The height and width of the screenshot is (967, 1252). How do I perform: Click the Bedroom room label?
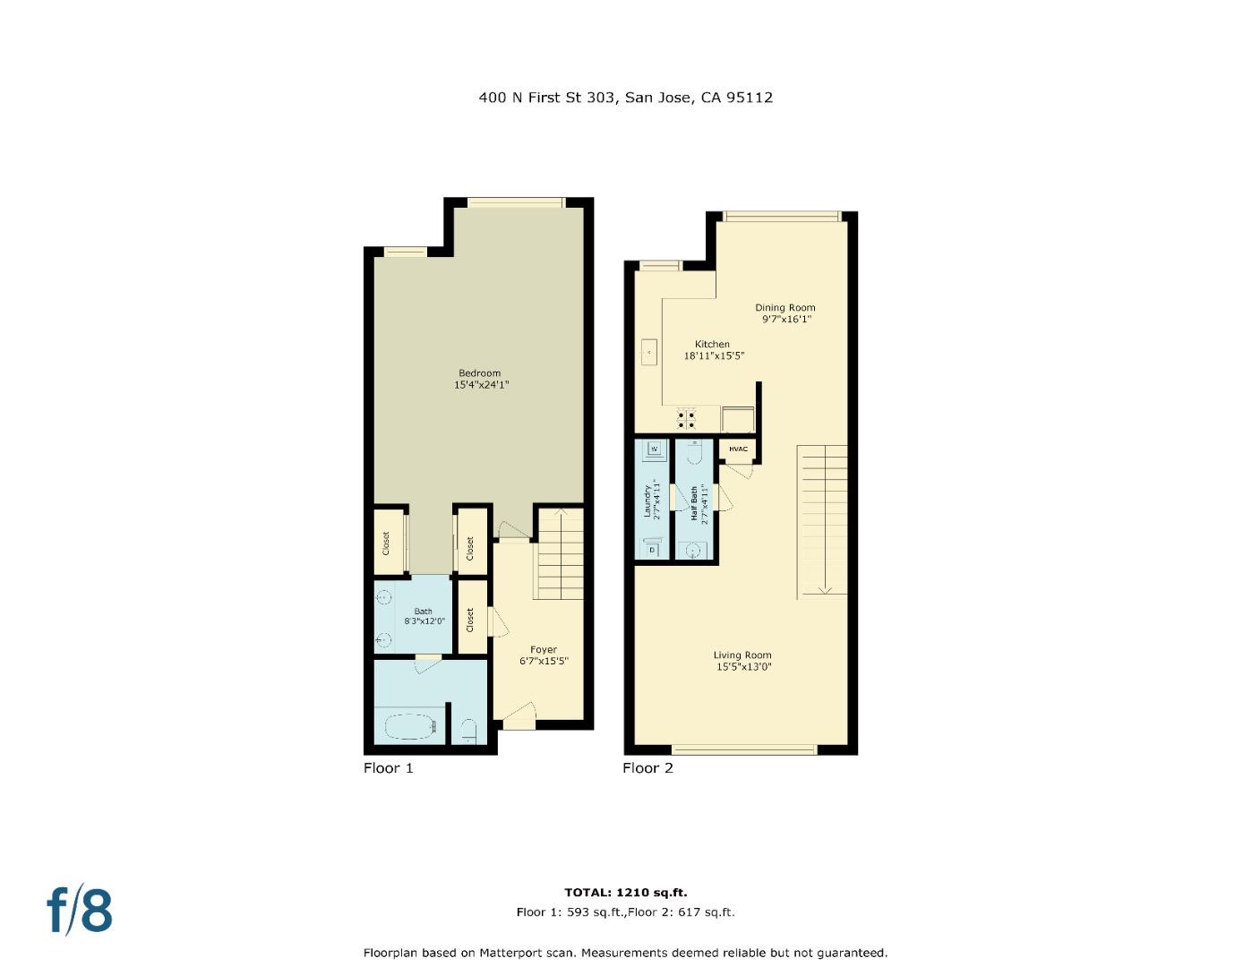(x=479, y=373)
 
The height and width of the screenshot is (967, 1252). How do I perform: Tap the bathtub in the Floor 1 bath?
(x=410, y=726)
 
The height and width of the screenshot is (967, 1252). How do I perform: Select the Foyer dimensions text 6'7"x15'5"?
(x=544, y=662)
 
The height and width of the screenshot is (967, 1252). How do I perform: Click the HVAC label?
(x=738, y=449)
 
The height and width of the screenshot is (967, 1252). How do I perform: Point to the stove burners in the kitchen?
(x=687, y=419)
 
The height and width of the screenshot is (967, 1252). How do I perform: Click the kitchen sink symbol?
(x=648, y=352)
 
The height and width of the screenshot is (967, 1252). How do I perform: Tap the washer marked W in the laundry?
(x=655, y=449)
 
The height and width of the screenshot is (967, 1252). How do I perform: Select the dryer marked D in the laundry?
(x=653, y=549)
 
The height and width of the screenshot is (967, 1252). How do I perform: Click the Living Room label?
(x=742, y=655)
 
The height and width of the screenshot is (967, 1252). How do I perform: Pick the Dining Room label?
(x=785, y=307)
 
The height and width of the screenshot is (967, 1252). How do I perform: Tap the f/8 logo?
(x=80, y=911)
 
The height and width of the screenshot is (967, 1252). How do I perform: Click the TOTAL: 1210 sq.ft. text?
(x=625, y=892)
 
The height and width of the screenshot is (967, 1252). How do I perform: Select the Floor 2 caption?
(x=647, y=768)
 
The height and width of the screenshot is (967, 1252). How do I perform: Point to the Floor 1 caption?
(x=388, y=768)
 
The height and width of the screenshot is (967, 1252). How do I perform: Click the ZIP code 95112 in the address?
(x=750, y=98)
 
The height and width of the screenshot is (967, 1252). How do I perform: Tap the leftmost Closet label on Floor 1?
(x=387, y=543)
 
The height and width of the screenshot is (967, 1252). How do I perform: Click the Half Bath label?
(x=694, y=503)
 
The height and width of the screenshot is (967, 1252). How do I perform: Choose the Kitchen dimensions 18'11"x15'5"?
(x=714, y=355)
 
